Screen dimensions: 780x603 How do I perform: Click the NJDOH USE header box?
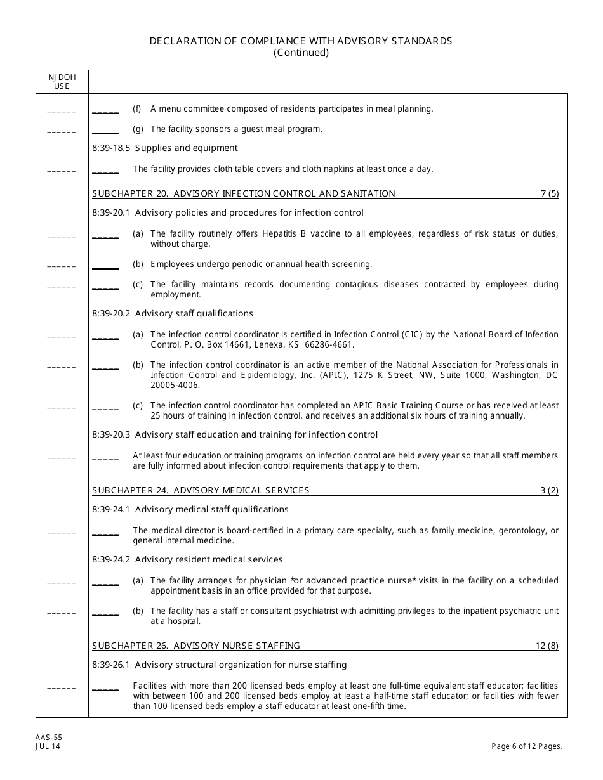(x=62, y=81)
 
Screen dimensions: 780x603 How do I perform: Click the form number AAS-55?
(x=44, y=738)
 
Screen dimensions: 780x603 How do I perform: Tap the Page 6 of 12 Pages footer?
(x=527, y=746)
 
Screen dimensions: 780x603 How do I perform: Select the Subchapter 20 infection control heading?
(x=244, y=193)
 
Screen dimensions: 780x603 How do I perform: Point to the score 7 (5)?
(x=549, y=193)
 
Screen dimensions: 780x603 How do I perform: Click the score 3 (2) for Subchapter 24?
(x=549, y=490)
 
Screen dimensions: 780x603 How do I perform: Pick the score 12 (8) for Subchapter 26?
(x=547, y=646)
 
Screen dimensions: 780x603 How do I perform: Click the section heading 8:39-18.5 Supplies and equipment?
(x=165, y=148)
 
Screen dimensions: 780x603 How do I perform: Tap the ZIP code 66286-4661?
(x=331, y=345)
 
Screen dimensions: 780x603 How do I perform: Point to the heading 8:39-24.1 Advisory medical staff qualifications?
(x=190, y=509)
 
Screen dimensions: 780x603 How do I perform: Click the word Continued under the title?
(x=301, y=53)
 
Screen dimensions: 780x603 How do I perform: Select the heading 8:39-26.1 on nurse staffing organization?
(x=220, y=665)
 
